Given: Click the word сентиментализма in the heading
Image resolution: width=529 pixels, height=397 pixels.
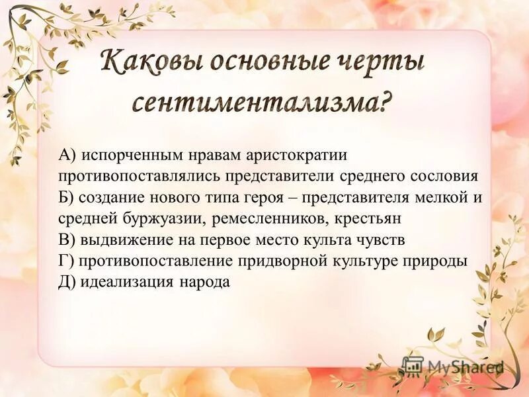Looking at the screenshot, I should coord(251,103).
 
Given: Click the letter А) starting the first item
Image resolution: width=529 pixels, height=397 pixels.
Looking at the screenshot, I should coord(68,155).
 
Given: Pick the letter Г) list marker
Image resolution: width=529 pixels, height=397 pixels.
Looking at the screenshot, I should coord(66,260).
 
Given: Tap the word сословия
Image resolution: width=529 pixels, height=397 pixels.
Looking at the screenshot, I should coord(440,176).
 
